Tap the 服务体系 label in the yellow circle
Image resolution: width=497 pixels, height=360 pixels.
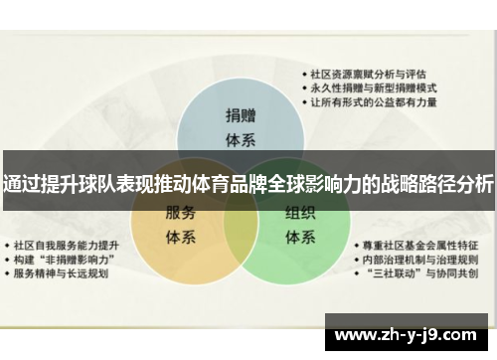pos(179,224)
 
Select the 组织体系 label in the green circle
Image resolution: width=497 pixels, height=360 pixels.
pos(300,224)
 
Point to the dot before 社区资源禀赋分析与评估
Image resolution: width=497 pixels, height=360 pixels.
pos(305,74)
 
